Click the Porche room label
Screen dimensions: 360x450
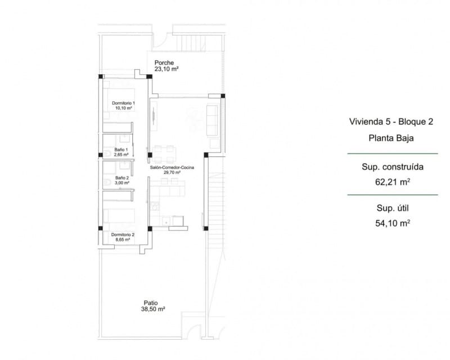[x=164, y=63]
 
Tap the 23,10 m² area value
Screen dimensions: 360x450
[x=166, y=70]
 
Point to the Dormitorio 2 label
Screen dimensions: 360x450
[x=123, y=234]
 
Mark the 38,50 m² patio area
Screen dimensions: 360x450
[x=152, y=309]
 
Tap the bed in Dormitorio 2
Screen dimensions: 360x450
[x=119, y=217]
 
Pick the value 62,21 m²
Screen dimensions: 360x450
[x=392, y=182]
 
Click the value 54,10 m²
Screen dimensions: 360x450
[x=392, y=222]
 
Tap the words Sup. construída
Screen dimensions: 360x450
[x=392, y=167]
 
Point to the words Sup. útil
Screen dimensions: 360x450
[x=392, y=208]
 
